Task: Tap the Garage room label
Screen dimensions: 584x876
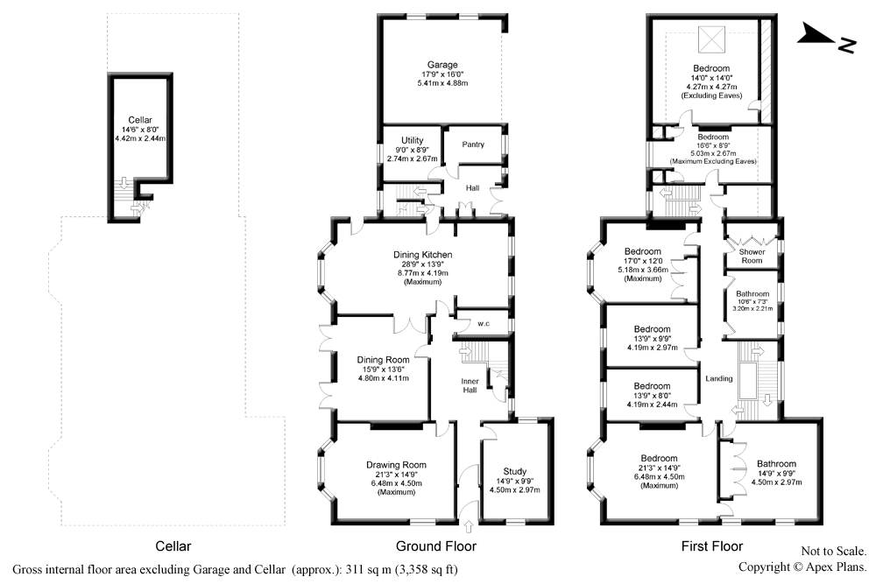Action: pos(442,66)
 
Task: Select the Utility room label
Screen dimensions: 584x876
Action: pos(413,140)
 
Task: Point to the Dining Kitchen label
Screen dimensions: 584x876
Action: pos(422,255)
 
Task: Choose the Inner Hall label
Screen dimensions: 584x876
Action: pos(470,384)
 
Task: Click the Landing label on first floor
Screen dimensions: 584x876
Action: pos(718,378)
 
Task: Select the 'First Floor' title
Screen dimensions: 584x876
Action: pos(712,546)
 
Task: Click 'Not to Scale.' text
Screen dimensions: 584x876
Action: pos(833,552)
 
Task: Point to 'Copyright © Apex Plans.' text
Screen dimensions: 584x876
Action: pos(802,566)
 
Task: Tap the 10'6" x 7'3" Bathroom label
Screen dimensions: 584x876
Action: pos(752,301)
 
